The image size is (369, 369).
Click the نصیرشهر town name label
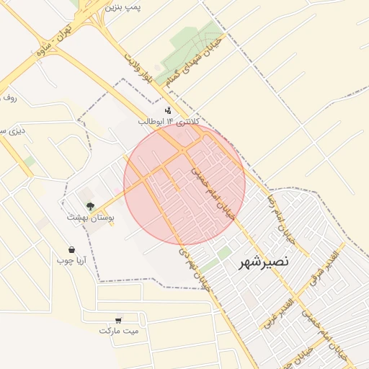pyautogui.click(x=264, y=263)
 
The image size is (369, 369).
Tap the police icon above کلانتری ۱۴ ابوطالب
pyautogui.click(x=168, y=110)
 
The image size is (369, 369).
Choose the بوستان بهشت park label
pyautogui.click(x=92, y=217)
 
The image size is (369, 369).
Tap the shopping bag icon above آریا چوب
pyautogui.click(x=71, y=249)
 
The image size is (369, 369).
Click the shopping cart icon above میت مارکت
pyautogui.click(x=117, y=319)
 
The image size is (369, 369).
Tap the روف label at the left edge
pyautogui.click(x=7, y=96)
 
